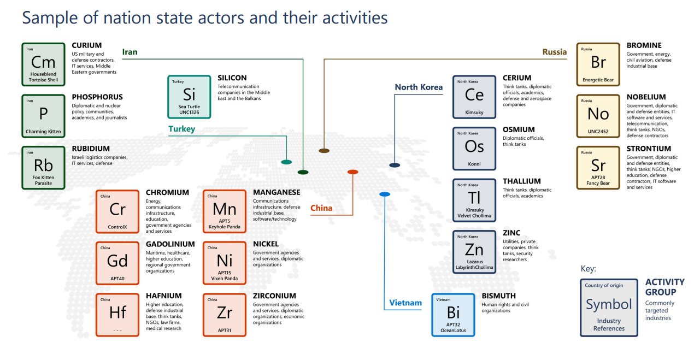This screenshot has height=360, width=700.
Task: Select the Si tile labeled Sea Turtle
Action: coord(189,97)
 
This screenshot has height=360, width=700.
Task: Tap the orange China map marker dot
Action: coord(352,172)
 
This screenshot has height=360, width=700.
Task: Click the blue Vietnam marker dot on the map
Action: coord(385,194)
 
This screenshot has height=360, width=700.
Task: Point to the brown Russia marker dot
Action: coord(324,150)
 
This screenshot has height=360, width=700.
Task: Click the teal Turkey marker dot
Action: coord(286,162)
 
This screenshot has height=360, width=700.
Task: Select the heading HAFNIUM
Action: coord(163,296)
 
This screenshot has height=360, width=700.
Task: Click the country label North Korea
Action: coord(419,87)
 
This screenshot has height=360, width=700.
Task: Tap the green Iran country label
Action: coord(130,52)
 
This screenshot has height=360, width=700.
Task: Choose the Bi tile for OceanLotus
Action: coord(453,315)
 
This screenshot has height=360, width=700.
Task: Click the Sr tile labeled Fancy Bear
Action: coord(598,167)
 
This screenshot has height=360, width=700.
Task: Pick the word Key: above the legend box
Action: coord(588,269)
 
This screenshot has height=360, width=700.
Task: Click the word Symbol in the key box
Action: coord(608,304)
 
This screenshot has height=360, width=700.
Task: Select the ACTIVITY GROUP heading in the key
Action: coord(664,287)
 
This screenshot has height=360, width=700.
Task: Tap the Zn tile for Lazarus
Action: coord(474,252)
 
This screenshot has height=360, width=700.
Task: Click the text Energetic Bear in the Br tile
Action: coord(598,80)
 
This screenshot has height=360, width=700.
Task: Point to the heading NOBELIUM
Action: coord(646,97)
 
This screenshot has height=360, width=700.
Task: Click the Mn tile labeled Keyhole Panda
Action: coord(225,211)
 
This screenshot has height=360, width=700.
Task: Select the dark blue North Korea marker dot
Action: coord(395,164)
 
